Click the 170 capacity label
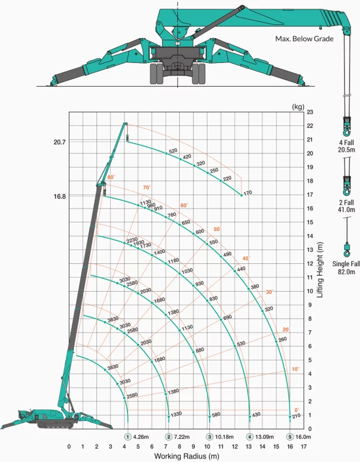248,193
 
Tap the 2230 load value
132,240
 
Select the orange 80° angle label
111,177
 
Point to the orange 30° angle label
269,292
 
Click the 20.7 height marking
60,142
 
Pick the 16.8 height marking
60,196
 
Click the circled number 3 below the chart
209,437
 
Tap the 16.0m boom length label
303,437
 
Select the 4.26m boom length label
140,437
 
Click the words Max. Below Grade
305,39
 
